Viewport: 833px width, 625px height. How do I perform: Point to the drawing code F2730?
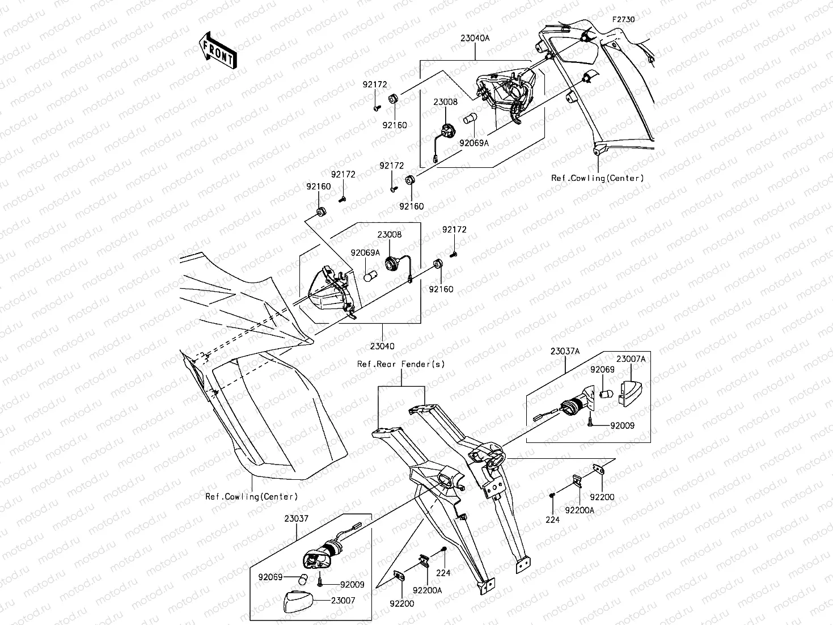coord(623,19)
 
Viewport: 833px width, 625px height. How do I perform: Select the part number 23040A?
coord(475,39)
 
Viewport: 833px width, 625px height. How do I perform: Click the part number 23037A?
coord(565,351)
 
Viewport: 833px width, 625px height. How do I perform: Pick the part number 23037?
coord(296,518)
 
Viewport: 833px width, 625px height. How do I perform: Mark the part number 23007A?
coord(631,358)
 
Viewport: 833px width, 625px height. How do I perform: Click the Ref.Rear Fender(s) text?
coord(401,364)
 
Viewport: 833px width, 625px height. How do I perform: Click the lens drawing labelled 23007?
coord(299,600)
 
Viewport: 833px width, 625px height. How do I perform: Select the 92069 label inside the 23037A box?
coord(602,369)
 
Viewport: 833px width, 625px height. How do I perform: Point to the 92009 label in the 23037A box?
coord(623,425)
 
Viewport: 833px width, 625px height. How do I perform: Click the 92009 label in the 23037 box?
coord(352,585)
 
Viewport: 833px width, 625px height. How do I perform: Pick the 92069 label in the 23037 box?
coord(270,577)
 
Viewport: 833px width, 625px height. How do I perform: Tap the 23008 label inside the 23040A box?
coord(445,102)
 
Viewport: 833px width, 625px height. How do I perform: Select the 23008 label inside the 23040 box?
coord(390,234)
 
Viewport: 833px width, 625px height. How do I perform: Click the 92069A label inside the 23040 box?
coord(365,253)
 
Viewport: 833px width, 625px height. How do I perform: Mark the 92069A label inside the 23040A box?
coord(474,143)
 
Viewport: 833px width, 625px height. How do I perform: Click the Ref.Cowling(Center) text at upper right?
coord(598,178)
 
